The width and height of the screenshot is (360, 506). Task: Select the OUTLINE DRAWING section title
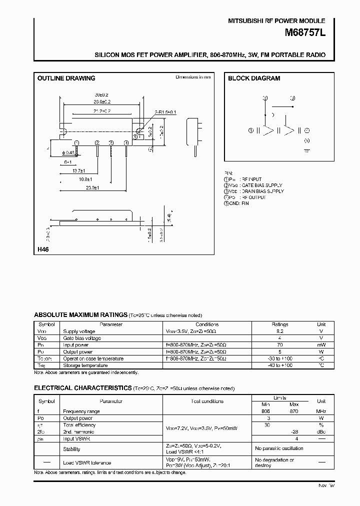click(x=66, y=78)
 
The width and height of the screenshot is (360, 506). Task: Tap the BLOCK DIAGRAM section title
click(x=254, y=78)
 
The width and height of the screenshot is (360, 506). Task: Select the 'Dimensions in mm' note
click(x=193, y=77)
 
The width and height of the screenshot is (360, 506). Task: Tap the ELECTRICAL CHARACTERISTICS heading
click(x=82, y=388)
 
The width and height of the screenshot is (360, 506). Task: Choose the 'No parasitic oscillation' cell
click(x=278, y=449)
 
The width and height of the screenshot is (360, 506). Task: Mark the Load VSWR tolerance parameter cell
click(x=87, y=463)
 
